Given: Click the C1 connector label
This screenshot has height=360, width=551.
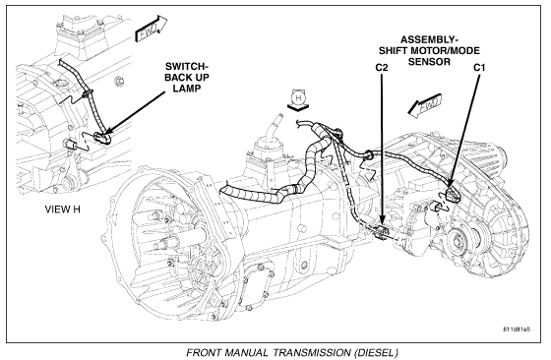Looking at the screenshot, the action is [x=479, y=68].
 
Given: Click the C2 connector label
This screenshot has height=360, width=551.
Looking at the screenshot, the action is [x=382, y=68].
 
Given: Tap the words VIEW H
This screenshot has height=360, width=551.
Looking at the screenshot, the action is [x=63, y=210].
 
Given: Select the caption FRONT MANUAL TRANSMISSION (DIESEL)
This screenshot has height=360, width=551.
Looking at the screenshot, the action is [x=292, y=352].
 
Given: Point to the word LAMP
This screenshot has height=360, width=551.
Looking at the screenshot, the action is [x=187, y=89].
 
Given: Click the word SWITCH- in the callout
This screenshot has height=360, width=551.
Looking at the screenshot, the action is [x=185, y=66].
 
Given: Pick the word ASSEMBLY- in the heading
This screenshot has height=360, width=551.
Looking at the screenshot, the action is [x=429, y=39].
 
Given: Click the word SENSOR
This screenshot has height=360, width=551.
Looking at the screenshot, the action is [x=429, y=62].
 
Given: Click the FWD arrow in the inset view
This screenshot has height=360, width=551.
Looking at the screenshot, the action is [x=151, y=30].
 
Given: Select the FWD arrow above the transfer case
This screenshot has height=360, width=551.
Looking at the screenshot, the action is [x=424, y=105].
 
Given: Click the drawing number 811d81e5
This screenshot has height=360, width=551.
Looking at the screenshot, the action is [x=517, y=330].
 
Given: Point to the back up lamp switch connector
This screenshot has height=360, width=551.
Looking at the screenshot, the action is [x=102, y=138].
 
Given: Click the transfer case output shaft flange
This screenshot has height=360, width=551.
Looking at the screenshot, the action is [x=459, y=241].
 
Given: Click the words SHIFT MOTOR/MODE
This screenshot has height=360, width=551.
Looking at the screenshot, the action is [x=429, y=50].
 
